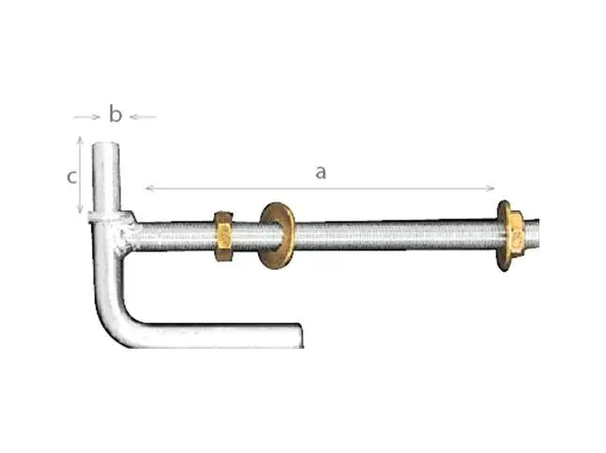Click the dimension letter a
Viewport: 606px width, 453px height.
click(321, 173)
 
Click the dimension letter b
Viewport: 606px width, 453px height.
click(115, 114)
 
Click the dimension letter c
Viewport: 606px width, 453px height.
click(71, 177)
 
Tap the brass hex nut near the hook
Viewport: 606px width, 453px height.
click(223, 235)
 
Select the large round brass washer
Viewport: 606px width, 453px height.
click(277, 235)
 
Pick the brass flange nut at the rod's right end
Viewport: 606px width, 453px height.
click(510, 235)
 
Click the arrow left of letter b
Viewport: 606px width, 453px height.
click(87, 116)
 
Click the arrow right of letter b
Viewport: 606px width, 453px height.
click(143, 116)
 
